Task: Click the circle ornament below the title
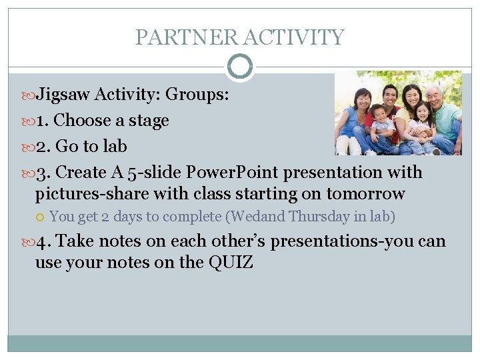tap(240, 67)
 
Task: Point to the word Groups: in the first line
tap(197, 95)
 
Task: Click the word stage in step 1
tap(149, 121)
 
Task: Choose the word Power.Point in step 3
tap(232, 172)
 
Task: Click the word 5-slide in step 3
tap(154, 172)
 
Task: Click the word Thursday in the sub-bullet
tap(315, 216)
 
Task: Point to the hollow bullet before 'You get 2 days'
tap(41, 217)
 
